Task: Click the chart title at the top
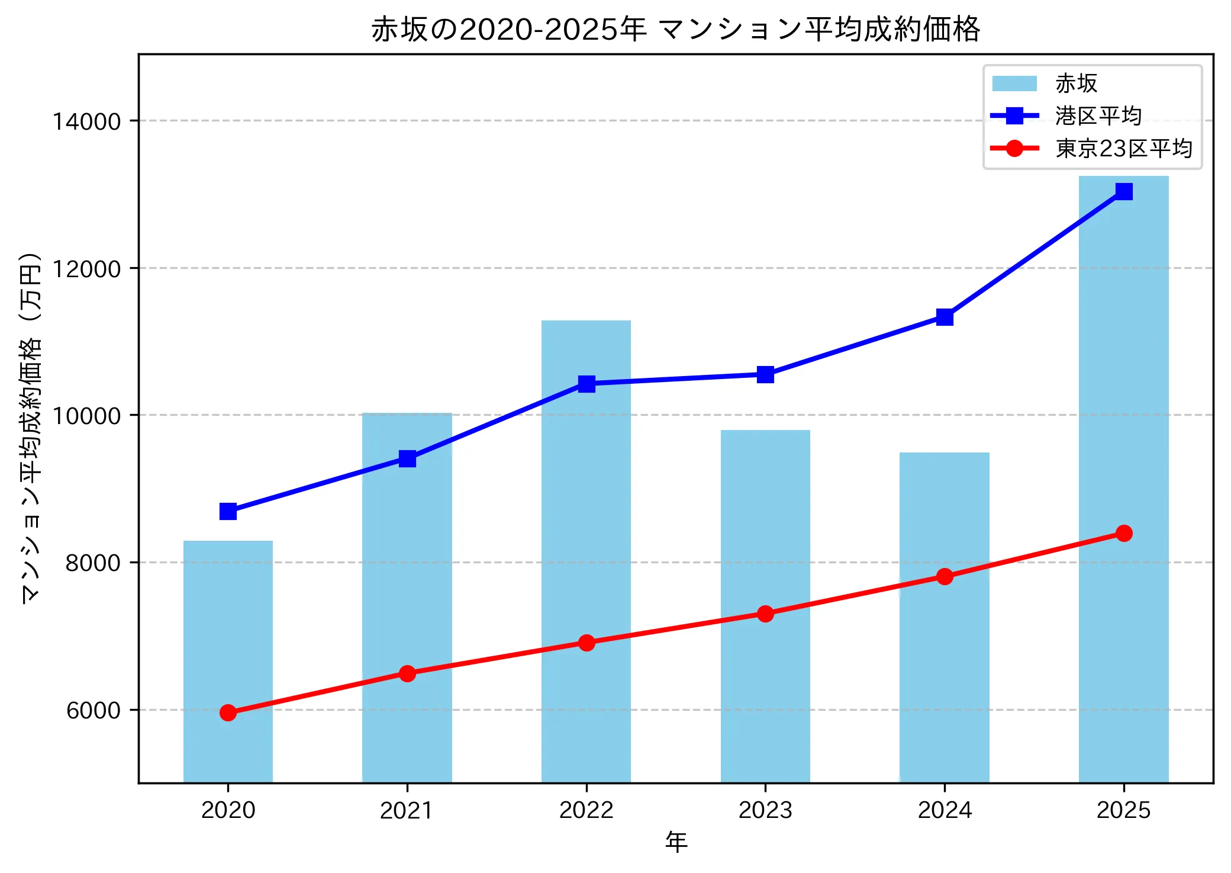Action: (x=675, y=30)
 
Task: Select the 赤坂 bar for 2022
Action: (x=586, y=551)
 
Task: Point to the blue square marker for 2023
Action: (x=765, y=374)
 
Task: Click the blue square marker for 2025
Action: (x=1123, y=191)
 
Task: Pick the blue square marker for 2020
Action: (x=228, y=511)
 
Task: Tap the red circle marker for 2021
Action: (x=407, y=673)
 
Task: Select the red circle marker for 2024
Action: (x=945, y=576)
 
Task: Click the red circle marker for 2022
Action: (x=587, y=643)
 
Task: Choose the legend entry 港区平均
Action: (x=1098, y=116)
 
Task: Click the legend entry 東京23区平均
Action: (x=1123, y=149)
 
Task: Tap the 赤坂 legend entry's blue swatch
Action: (x=1014, y=84)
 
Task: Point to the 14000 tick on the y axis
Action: (x=86, y=121)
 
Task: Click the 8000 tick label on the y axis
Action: (x=93, y=563)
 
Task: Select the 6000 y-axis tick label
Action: (x=93, y=710)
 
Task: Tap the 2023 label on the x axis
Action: (x=765, y=810)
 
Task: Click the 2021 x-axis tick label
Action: (x=407, y=810)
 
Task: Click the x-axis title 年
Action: (x=676, y=842)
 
